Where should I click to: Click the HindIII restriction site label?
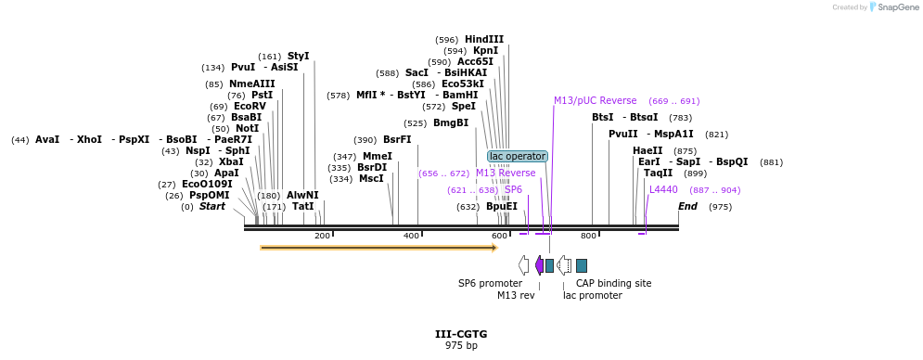[x=484, y=40]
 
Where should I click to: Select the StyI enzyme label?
[x=298, y=57]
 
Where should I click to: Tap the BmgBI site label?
[x=450, y=123]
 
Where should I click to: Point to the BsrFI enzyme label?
[x=397, y=140]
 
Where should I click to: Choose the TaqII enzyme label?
[x=658, y=174]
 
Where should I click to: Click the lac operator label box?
[x=518, y=156]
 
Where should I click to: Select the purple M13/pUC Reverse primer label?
[x=595, y=100]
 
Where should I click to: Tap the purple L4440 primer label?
[x=663, y=189]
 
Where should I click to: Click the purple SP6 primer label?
[x=513, y=189]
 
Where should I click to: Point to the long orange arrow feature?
[x=378, y=248]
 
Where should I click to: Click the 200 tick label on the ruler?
[x=322, y=236]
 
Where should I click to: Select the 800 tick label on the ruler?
[x=588, y=236]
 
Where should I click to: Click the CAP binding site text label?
[x=613, y=283]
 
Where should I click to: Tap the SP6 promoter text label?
[x=490, y=283]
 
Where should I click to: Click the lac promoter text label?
[x=592, y=295]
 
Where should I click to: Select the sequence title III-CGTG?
[x=461, y=334]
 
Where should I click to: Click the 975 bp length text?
[x=461, y=346]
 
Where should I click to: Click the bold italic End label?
[x=687, y=206]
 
